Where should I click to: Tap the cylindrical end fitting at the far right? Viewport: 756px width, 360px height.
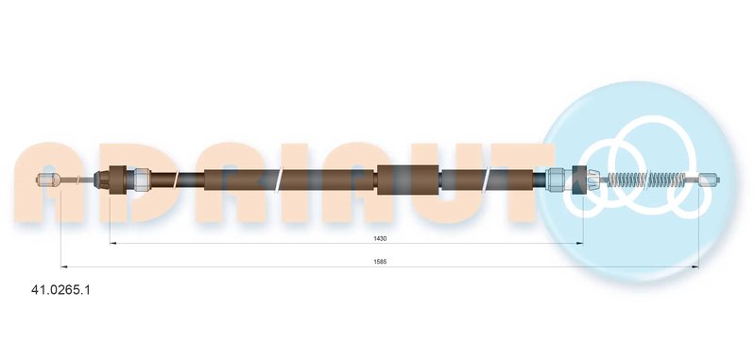click(709, 180)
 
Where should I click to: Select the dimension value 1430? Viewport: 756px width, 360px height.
click(380, 238)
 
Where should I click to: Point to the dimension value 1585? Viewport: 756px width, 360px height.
click(380, 262)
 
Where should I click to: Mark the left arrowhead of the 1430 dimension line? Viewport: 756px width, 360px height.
click(113, 244)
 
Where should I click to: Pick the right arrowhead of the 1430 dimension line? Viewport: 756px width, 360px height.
click(580, 244)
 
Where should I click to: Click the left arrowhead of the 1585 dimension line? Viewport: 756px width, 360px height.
click(64, 266)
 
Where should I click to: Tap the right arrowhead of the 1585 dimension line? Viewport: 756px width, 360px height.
click(696, 266)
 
